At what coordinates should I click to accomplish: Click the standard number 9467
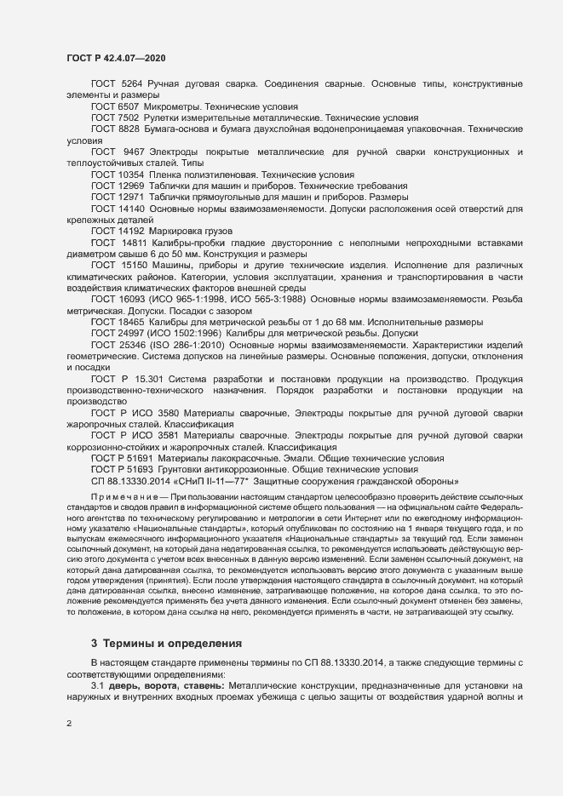click(135, 151)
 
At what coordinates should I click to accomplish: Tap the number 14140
click(131, 207)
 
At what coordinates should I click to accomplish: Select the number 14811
click(135, 241)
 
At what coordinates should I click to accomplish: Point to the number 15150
click(135, 264)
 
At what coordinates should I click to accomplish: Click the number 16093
click(131, 299)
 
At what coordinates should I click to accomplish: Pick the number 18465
click(131, 322)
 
